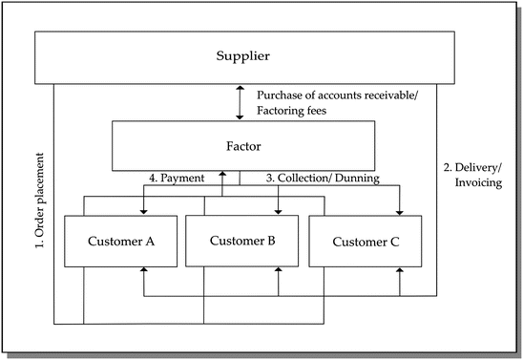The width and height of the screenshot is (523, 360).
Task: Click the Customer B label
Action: pyautogui.click(x=241, y=241)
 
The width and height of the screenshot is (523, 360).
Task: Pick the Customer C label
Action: pyautogui.click(x=366, y=242)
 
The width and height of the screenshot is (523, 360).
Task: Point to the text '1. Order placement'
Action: pyautogui.click(x=41, y=201)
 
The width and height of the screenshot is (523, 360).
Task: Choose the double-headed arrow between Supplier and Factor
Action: pyautogui.click(x=241, y=102)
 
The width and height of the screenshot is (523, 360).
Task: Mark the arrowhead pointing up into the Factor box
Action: pyautogui.click(x=222, y=176)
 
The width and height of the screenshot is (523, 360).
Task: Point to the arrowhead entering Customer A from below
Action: pyautogui.click(x=143, y=272)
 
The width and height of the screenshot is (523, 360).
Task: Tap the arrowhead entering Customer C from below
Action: pyautogui.click(x=400, y=272)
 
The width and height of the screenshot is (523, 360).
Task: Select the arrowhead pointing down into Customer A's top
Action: pyautogui.click(x=143, y=212)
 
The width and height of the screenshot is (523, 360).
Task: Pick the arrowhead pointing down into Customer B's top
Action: pyautogui.click(x=278, y=212)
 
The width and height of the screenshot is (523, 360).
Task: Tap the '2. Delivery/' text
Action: pyautogui.click(x=471, y=164)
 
